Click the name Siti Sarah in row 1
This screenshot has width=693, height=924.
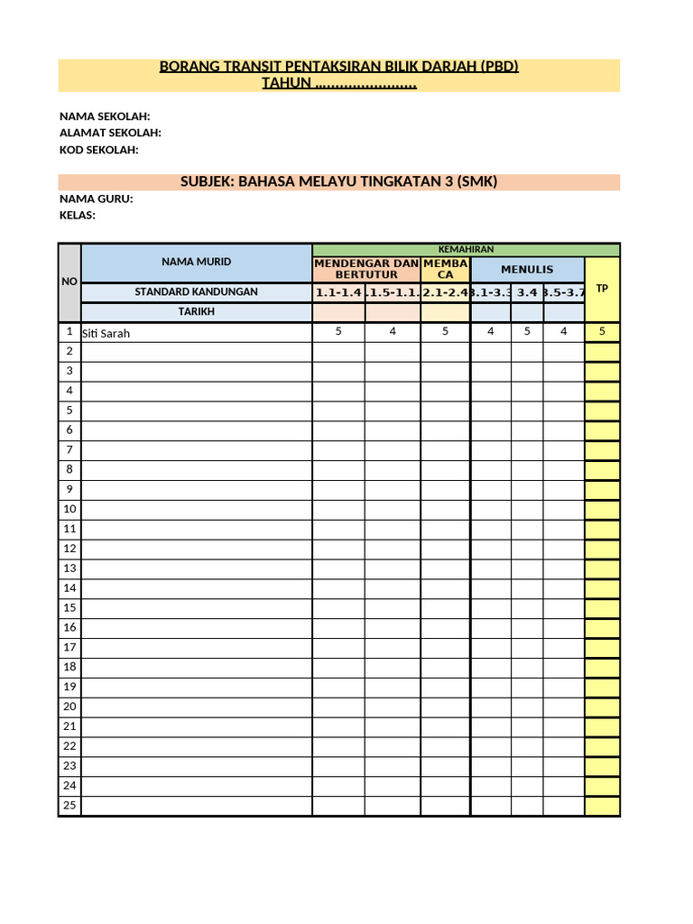click(x=106, y=333)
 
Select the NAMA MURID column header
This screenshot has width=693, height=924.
click(x=196, y=262)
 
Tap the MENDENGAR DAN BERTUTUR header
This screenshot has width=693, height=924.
click(x=365, y=268)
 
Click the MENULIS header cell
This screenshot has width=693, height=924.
click(x=527, y=269)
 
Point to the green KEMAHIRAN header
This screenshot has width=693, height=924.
click(x=466, y=249)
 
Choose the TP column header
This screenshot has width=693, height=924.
click(x=602, y=289)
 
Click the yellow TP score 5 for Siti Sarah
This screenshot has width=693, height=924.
click(x=602, y=331)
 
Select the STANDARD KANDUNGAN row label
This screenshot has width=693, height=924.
click(x=196, y=291)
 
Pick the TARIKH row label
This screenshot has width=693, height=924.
click(x=196, y=311)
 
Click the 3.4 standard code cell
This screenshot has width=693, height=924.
click(x=527, y=291)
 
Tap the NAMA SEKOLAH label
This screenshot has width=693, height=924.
click(x=105, y=116)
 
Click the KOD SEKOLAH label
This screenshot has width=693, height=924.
click(x=99, y=150)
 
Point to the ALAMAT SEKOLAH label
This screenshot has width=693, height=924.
click(x=110, y=133)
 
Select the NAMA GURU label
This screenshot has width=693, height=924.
click(x=97, y=199)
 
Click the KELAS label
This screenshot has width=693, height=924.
click(x=78, y=216)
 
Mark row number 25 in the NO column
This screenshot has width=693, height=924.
click(x=69, y=805)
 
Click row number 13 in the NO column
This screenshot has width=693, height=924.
click(x=69, y=568)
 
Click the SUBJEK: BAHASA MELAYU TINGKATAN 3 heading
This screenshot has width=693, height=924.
click(x=338, y=181)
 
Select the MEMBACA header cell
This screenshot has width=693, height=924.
click(x=445, y=268)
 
